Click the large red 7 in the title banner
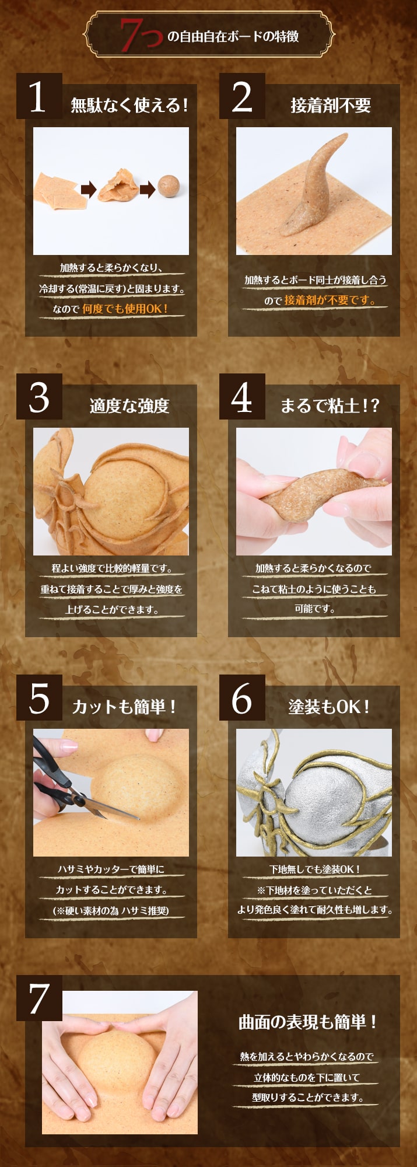coord(134,34)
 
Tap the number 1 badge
coord(38,97)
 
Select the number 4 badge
coord(241,397)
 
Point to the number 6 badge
coord(241,698)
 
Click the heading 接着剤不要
coord(331,106)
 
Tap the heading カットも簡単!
coord(124,707)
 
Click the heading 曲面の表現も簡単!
coord(307,1022)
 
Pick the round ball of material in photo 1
coord(170,186)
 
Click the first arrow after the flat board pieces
coord(88,189)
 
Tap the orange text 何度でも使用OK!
coord(125,309)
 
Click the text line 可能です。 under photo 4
coord(314,609)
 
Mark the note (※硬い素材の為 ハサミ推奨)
coord(111,910)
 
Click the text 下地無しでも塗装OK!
coord(314,869)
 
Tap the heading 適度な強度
coord(129,406)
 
